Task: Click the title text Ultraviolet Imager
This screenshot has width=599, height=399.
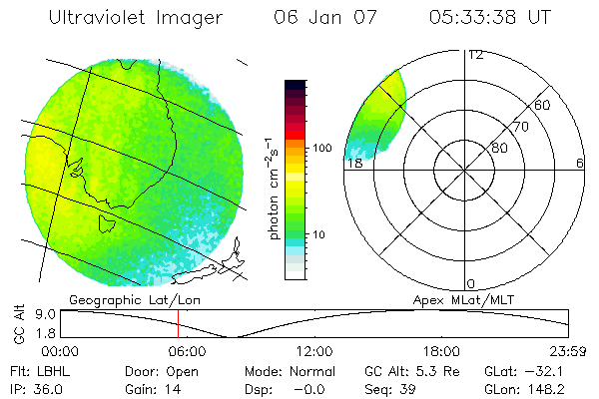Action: tap(136, 17)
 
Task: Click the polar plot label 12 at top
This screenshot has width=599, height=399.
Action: tap(475, 55)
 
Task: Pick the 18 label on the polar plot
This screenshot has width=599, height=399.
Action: tap(353, 163)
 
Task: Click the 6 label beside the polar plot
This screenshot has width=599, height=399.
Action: tap(580, 163)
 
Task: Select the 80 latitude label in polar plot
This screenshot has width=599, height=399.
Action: tap(499, 148)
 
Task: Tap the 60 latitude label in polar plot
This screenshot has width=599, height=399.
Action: tap(543, 105)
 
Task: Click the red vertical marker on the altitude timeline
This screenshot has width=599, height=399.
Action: tap(178, 323)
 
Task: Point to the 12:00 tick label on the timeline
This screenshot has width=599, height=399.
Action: tap(314, 351)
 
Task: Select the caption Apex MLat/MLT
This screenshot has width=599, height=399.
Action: tap(466, 299)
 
